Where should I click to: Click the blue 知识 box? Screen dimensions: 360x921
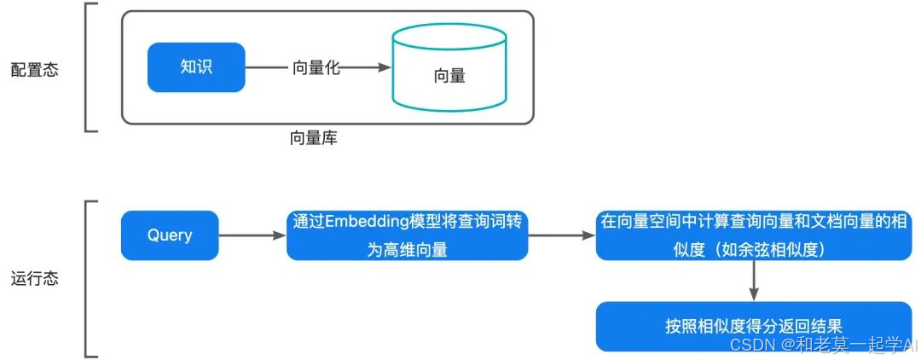tap(196, 67)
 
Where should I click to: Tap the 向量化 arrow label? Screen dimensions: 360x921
tap(316, 68)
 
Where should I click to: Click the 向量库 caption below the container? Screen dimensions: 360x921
tap(314, 136)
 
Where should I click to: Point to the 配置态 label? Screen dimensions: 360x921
tap(35, 70)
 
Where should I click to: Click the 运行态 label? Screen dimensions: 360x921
tap(35, 279)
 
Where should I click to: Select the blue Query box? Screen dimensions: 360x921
tap(170, 235)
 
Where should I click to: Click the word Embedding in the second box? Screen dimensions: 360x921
tap(365, 222)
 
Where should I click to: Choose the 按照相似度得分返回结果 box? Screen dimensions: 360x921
tap(754, 326)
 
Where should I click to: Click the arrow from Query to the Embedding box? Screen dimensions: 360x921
tap(252, 235)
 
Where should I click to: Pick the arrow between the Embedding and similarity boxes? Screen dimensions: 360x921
tap(561, 235)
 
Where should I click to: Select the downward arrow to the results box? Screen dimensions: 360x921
tap(754, 281)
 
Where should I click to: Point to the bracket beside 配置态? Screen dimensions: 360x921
tap(89, 68)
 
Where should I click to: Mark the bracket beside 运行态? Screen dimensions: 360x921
tap(89, 279)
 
